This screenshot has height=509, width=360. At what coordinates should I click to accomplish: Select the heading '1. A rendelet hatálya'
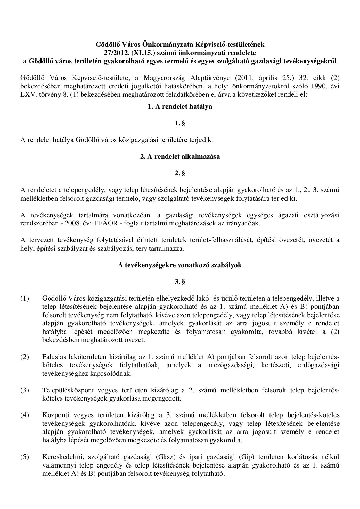pos(180,106)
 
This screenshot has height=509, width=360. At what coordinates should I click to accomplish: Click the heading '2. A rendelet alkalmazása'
pos(180,157)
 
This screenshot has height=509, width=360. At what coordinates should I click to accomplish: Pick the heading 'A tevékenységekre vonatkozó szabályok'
pos(180,265)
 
